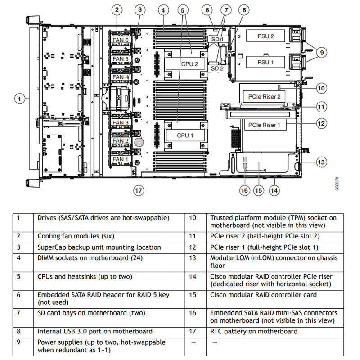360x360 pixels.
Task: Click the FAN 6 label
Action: coord(120,40)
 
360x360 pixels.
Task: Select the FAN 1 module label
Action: coord(120,159)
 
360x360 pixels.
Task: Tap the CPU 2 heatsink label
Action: coord(189,64)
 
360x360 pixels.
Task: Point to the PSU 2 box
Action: coord(265,36)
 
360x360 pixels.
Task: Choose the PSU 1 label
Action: coord(265,62)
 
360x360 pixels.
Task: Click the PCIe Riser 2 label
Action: coord(264,96)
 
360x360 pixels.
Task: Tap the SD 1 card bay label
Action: coord(217,40)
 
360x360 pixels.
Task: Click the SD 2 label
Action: coord(217,68)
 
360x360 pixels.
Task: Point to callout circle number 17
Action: coord(139,190)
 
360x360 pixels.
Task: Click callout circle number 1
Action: coord(19,98)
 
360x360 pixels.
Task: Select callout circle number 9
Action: coord(321,53)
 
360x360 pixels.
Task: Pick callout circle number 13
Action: coord(320,162)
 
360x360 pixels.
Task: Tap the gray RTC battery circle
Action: coord(139,142)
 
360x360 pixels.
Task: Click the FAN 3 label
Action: coord(120,122)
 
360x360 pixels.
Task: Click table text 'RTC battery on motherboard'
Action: coord(253,331)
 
